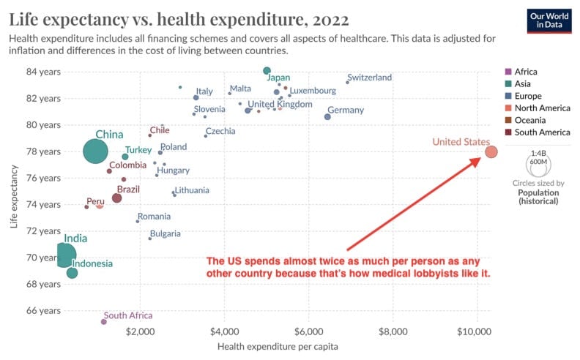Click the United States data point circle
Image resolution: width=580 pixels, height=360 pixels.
pos(491,152)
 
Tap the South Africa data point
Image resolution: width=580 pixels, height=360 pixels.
pos(103,321)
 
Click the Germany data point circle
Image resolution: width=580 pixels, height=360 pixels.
pos(327,116)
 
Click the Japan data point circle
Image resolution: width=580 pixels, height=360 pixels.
pos(267,70)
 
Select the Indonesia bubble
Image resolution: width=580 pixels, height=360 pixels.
pos(72,273)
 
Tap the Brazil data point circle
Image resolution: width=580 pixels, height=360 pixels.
pos(116,198)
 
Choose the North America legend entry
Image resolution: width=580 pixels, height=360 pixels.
pos(541,108)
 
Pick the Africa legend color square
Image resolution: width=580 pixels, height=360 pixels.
pos(508,72)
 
